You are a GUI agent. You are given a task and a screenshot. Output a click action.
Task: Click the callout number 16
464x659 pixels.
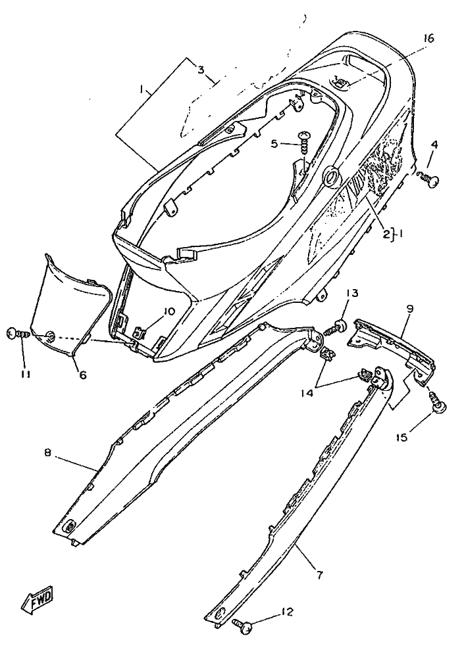[x=428, y=39]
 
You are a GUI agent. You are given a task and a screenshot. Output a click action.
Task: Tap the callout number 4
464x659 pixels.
[x=434, y=145]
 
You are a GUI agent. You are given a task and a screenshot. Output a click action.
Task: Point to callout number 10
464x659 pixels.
[x=170, y=311]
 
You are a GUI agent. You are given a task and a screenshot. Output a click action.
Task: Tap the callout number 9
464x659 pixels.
[x=409, y=307]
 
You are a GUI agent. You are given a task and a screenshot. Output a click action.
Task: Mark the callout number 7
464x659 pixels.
[x=319, y=576]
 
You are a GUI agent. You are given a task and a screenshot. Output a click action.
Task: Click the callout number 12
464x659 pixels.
[x=286, y=612]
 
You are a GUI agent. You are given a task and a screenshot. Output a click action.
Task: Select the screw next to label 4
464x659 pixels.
[x=427, y=177]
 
